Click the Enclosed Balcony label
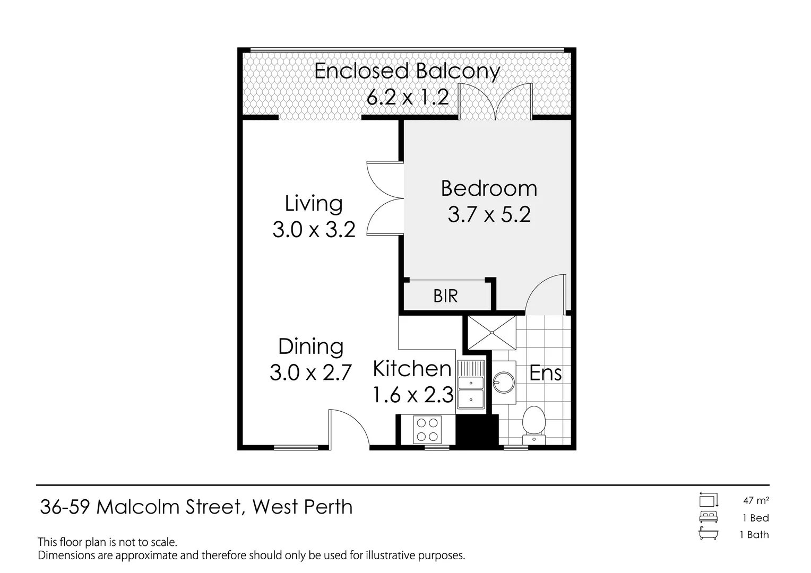point(407,71)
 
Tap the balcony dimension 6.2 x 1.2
point(408,97)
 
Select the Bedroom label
point(489,189)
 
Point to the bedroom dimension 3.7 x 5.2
point(489,215)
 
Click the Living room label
point(314,204)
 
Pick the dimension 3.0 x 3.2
point(314,230)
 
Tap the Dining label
point(311,346)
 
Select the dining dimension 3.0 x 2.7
point(311,372)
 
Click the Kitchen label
point(412,369)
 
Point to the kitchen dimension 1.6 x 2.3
point(413,395)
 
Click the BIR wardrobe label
point(445,296)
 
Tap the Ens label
point(546,374)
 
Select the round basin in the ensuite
point(503,381)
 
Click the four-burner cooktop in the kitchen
point(427,430)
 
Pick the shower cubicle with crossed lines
point(491,333)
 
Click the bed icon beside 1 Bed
point(709,517)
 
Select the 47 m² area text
point(756,500)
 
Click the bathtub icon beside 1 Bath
point(709,534)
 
